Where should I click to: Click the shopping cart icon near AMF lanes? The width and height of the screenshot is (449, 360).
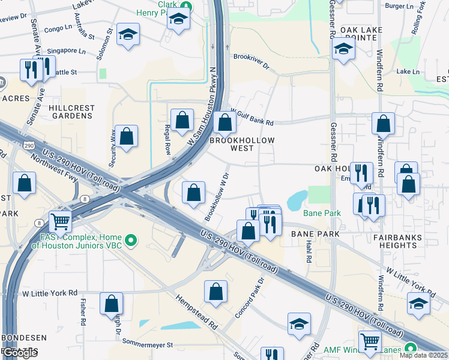pyautogui.click(x=370, y=342)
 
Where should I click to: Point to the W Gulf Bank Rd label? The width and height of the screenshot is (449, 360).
pyautogui.click(x=252, y=116)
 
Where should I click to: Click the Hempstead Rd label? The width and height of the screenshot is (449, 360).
pyautogui.click(x=196, y=312)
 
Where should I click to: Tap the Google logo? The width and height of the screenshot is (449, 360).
pyautogui.click(x=20, y=353)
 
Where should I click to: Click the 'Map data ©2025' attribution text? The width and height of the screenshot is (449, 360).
pyautogui.click(x=424, y=355)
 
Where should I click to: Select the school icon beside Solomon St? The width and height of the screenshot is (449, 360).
pyautogui.click(x=128, y=35)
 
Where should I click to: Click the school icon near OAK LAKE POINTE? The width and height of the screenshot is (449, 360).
pyautogui.click(x=343, y=49)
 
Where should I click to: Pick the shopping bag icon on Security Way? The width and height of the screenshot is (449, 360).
pyautogui.click(x=127, y=136)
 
